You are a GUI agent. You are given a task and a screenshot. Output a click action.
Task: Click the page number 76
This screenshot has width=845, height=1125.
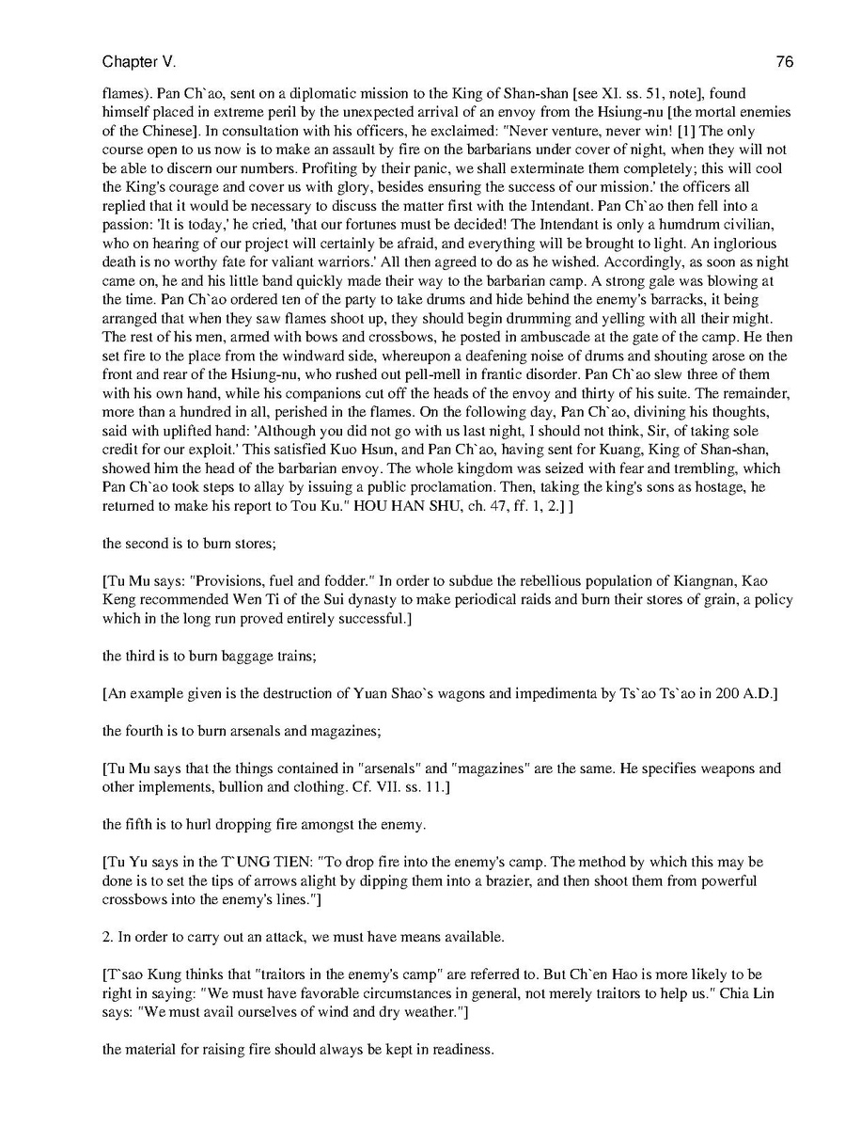tap(785, 62)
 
